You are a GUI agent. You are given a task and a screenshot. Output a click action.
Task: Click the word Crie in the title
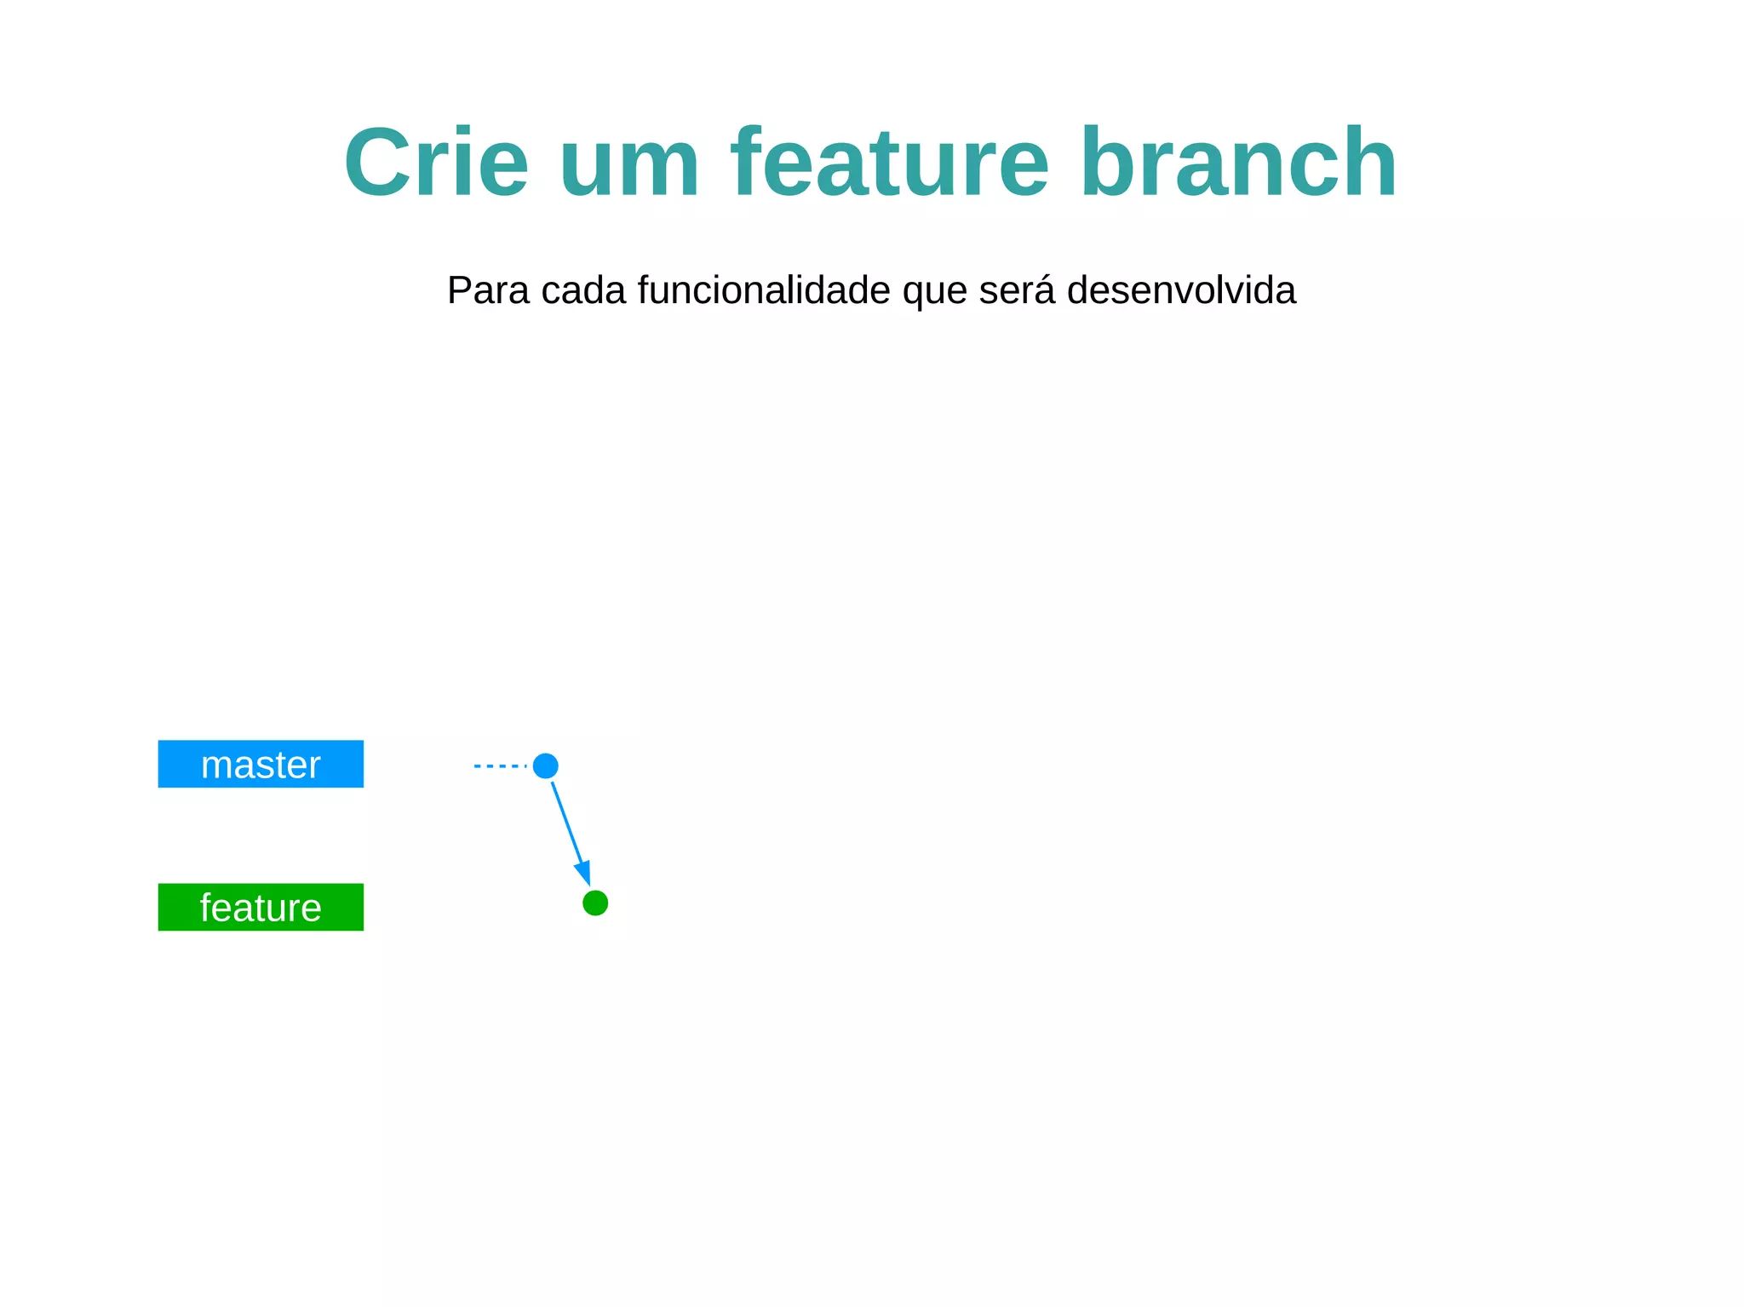point(436,162)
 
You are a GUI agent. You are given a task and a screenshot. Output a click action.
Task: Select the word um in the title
point(629,162)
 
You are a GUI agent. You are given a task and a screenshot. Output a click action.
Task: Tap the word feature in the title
point(890,162)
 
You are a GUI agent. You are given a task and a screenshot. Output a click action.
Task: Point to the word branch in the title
point(1239,162)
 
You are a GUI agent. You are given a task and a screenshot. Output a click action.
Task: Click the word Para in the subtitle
point(489,290)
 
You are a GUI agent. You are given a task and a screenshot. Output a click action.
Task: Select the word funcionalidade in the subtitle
point(764,290)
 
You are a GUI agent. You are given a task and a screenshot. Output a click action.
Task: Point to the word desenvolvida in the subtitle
point(1181,290)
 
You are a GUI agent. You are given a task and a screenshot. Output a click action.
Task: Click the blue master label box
point(261,764)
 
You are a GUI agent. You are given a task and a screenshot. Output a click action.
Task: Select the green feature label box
point(261,907)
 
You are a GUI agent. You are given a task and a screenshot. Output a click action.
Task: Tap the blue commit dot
point(545,766)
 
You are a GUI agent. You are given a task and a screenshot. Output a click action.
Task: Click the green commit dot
point(595,903)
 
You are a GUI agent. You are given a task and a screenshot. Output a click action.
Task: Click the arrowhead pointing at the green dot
point(583,872)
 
